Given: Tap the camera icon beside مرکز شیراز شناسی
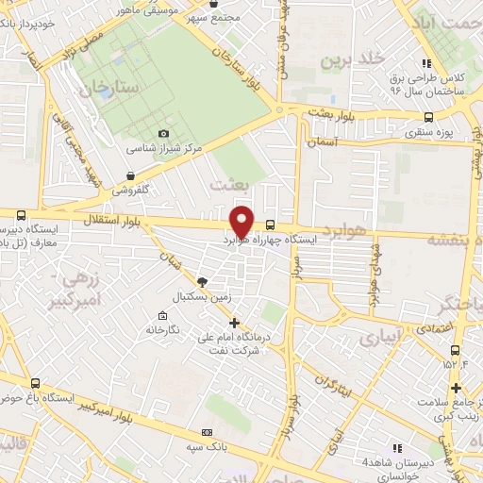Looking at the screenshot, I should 164,134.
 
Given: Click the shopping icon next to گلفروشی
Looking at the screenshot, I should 129,175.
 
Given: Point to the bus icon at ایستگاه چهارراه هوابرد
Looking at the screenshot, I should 272,225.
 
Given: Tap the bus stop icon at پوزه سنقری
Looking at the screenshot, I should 429,118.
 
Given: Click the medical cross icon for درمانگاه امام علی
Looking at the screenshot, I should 235,322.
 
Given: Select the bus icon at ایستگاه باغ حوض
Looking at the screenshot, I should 36,383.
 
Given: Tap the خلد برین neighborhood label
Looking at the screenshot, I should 354,60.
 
